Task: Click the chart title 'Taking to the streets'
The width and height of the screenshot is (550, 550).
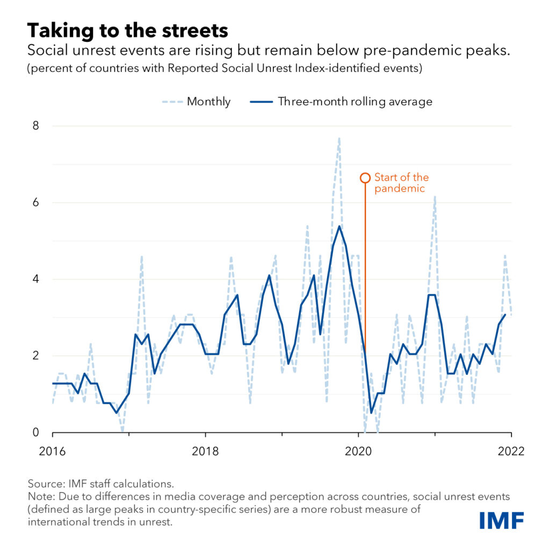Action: pyautogui.click(x=127, y=30)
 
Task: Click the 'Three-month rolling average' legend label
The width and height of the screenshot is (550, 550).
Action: pyautogui.click(x=354, y=102)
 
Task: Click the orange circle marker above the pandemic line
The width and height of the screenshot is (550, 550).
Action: pyautogui.click(x=365, y=178)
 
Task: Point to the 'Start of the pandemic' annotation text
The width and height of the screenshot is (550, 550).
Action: pyautogui.click(x=401, y=183)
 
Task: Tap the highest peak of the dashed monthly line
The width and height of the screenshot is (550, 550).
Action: pyautogui.click(x=339, y=138)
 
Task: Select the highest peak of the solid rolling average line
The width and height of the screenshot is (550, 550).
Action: pyautogui.click(x=339, y=226)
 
